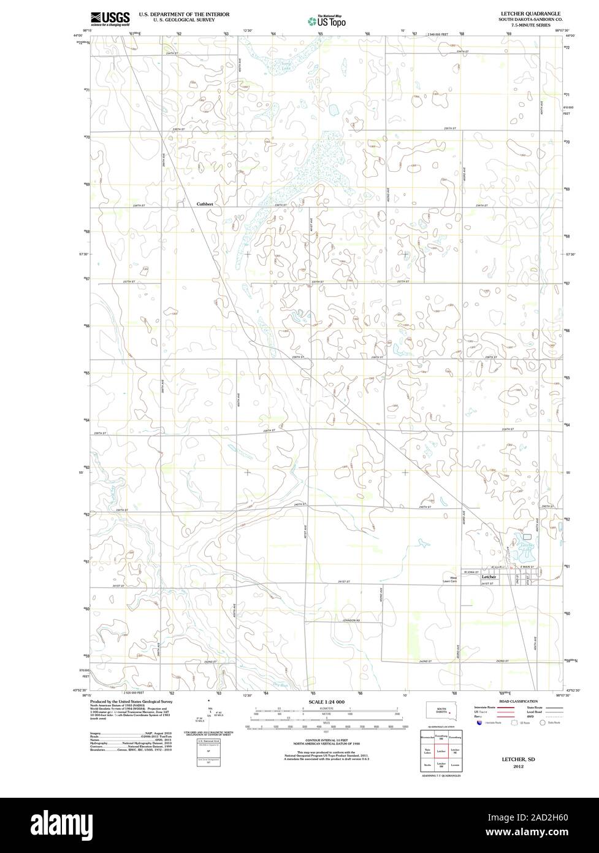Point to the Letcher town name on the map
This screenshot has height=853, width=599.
click(489, 577)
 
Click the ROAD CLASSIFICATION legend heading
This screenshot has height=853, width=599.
click(518, 701)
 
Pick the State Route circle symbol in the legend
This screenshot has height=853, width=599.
click(543, 724)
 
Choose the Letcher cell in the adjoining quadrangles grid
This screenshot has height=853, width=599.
click(441, 751)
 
